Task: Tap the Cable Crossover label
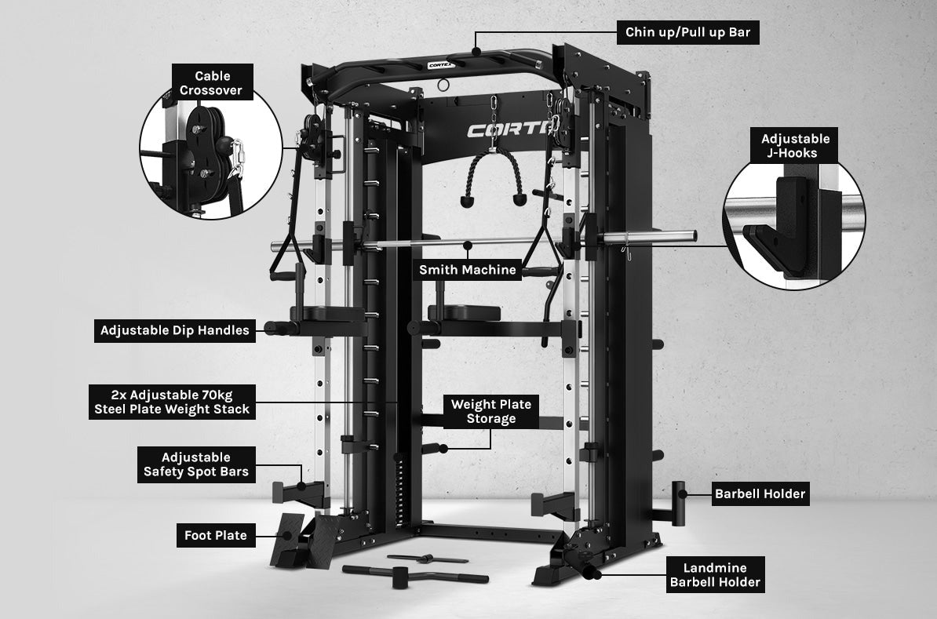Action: pos(213,83)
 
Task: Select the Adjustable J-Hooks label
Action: pos(795,146)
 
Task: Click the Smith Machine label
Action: pos(468,270)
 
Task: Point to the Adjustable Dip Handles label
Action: pos(174,330)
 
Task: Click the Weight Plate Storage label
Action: pos(490,411)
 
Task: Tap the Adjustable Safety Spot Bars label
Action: pos(196,464)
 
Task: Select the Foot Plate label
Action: pos(216,536)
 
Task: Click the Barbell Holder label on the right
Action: pos(760,493)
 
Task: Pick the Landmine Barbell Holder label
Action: pos(715,575)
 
